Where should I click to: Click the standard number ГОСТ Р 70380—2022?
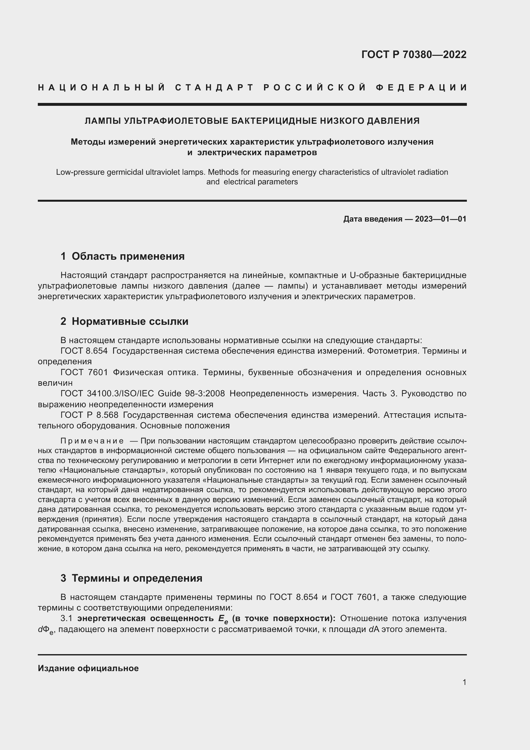pos(413,55)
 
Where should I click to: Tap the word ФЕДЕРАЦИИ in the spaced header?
pos(421,88)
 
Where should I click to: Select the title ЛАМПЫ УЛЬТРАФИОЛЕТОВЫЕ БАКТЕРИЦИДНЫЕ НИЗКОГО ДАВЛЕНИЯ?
pos(252,121)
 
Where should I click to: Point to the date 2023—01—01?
pos(441,219)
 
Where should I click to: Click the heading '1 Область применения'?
pos(122,256)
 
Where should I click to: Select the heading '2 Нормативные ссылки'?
pos(124,321)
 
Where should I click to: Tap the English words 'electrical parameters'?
pos(261,182)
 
